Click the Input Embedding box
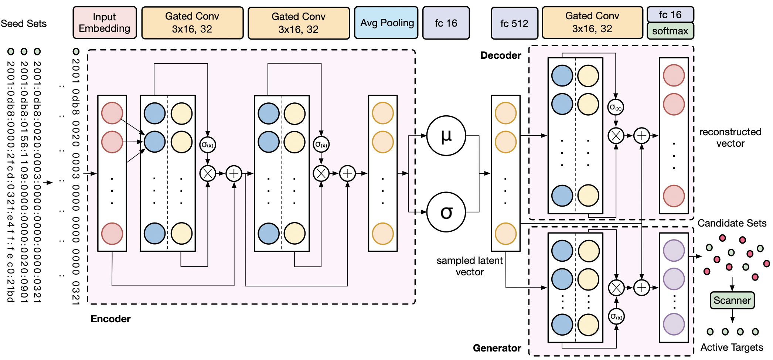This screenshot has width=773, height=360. (x=105, y=23)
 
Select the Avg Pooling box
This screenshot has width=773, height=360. (x=386, y=23)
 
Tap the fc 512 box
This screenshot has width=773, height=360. (x=514, y=23)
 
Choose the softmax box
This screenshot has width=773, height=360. (x=670, y=31)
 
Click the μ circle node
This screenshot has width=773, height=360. (x=446, y=136)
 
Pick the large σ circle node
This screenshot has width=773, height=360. (x=446, y=212)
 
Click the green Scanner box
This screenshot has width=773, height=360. (x=732, y=300)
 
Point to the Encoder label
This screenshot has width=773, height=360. (x=110, y=319)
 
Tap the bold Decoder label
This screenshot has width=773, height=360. (x=500, y=55)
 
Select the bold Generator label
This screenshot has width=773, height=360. (x=497, y=348)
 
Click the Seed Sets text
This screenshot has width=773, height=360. (x=24, y=24)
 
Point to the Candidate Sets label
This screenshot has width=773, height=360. (x=732, y=223)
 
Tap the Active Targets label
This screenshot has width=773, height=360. (x=732, y=347)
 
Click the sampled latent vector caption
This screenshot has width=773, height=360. (x=469, y=266)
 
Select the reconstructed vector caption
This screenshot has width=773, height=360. (x=730, y=137)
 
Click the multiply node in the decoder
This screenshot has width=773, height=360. (x=616, y=136)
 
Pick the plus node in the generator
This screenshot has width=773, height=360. (x=642, y=288)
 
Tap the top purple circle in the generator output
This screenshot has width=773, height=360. (x=674, y=250)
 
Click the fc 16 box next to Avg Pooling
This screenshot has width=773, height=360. (x=446, y=23)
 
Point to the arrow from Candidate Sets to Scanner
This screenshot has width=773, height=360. (x=732, y=284)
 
